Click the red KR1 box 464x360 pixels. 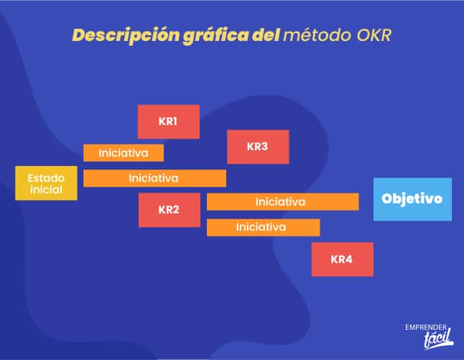point(169,121)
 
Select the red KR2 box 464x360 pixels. point(170,210)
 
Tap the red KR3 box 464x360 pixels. point(258,147)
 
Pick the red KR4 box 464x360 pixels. point(343,259)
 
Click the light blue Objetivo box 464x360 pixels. point(412,199)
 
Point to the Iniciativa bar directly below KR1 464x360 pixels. point(124,153)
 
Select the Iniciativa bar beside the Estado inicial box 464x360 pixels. point(154,178)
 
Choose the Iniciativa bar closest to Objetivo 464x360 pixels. point(283,202)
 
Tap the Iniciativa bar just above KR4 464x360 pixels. point(264,227)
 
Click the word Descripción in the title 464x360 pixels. point(126,35)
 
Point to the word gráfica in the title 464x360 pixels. point(215,35)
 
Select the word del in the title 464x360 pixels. point(266,35)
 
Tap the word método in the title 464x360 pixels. point(317,35)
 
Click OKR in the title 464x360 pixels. point(374,35)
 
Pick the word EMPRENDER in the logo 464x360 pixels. point(426,328)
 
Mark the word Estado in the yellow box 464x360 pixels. point(46,178)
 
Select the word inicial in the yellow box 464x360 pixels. point(46,190)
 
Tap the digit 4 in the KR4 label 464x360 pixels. point(348,259)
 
